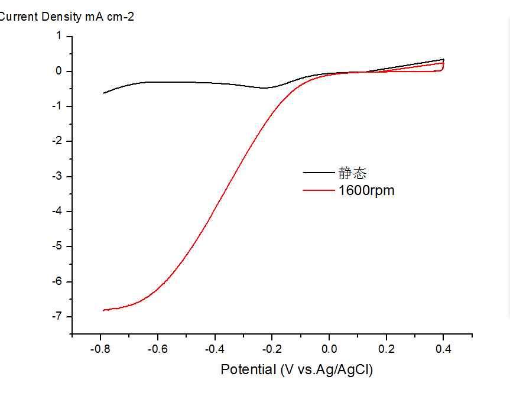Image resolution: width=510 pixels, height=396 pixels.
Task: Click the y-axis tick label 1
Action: point(59,36)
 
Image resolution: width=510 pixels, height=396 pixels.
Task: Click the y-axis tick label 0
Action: point(59,72)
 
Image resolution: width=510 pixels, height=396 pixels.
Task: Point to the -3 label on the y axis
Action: point(57,176)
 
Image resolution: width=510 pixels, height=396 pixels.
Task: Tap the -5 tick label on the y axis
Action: point(57,246)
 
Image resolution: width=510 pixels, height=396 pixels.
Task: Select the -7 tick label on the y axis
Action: point(57,316)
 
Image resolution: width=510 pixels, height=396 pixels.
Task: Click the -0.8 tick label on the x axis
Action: point(101,349)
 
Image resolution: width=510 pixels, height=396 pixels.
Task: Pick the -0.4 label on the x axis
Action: point(215,349)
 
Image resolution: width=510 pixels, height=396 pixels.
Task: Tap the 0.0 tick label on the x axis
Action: point(329,349)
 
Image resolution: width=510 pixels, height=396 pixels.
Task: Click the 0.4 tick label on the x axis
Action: point(443,349)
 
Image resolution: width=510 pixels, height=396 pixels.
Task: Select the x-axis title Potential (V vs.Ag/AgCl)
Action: point(297,370)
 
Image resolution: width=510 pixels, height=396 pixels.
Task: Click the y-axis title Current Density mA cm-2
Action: point(67,17)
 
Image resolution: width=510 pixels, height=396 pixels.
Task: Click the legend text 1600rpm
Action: point(366,190)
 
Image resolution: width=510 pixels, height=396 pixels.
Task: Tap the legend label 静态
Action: point(353,173)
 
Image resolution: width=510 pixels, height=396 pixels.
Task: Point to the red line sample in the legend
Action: point(319,190)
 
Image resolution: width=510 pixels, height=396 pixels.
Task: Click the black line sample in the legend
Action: point(319,173)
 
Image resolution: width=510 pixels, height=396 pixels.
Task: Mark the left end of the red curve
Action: point(104,310)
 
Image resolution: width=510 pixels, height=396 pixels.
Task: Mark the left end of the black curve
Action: point(104,93)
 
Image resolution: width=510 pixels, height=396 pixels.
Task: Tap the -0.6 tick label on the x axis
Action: point(158,349)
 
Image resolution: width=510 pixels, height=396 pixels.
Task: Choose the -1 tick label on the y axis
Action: point(57,106)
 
